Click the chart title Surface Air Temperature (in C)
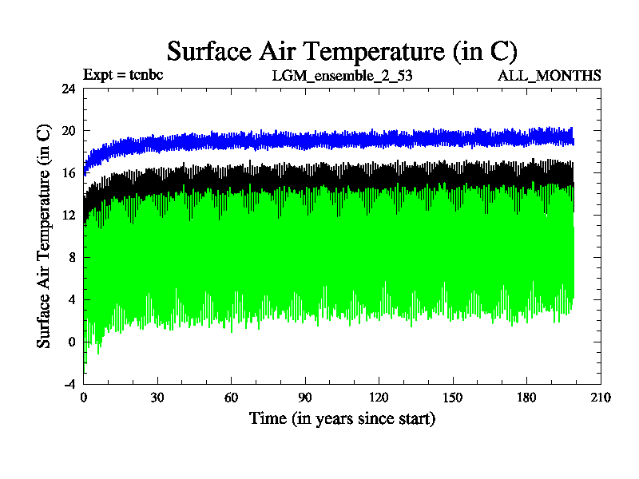[342, 51]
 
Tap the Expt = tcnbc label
[123, 76]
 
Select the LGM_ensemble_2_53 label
[342, 76]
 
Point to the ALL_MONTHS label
[550, 76]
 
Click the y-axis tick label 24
[69, 89]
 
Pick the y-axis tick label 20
[69, 132]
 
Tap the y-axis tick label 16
[69, 173]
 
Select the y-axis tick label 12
[69, 216]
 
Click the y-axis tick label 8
[72, 258]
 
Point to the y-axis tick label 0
[72, 342]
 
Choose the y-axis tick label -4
[69, 384]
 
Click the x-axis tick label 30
[157, 398]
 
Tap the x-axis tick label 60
[231, 398]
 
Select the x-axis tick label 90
[305, 398]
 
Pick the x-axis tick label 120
[379, 398]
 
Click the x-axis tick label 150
[453, 398]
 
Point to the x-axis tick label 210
[600, 398]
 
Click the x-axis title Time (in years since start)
[342, 418]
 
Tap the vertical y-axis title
[45, 236]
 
